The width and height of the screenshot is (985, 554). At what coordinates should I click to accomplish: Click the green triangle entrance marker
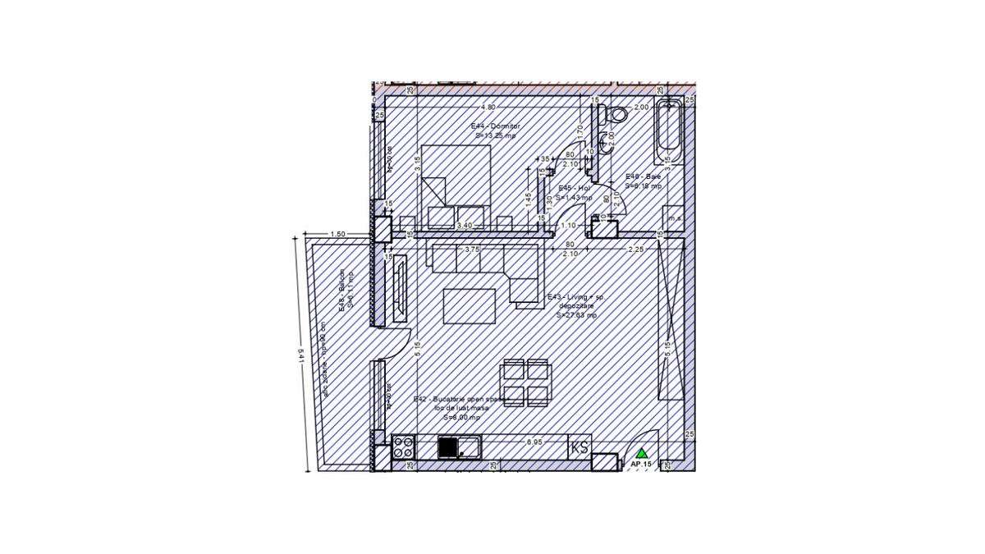tap(642, 452)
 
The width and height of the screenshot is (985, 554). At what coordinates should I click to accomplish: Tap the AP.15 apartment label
tap(641, 465)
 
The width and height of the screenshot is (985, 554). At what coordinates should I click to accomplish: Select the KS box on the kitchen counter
tap(580, 447)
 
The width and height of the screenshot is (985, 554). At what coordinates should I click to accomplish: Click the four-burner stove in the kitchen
tap(403, 447)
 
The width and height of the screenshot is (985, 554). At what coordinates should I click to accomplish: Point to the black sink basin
tap(447, 447)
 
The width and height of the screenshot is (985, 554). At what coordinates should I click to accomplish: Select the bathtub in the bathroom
tap(669, 131)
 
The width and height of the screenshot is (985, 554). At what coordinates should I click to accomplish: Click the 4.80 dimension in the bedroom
tap(488, 107)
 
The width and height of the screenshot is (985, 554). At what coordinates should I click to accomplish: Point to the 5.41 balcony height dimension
tap(301, 355)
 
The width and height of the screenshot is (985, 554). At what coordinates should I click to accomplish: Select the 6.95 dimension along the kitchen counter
tap(534, 442)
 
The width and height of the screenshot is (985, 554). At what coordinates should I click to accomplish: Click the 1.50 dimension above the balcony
tap(337, 234)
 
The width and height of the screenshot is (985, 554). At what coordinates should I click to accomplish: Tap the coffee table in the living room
tap(470, 306)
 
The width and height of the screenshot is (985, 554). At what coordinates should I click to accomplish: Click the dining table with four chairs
tap(525, 382)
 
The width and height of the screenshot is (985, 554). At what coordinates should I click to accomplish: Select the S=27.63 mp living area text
tap(576, 314)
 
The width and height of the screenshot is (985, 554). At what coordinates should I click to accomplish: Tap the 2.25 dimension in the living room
tap(635, 250)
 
